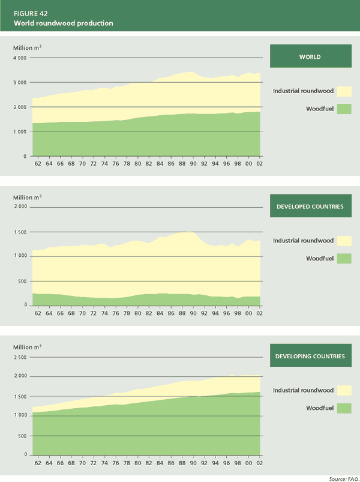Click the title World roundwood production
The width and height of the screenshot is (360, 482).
point(64,23)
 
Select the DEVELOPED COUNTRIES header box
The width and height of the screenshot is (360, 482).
point(310,206)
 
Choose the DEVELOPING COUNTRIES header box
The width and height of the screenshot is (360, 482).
point(310,356)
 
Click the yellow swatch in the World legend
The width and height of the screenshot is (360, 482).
point(344,91)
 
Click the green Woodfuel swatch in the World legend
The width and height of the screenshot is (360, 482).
point(344,109)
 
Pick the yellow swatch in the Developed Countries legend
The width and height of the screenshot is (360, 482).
point(344,241)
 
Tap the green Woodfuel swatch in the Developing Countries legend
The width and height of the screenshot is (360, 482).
point(344,408)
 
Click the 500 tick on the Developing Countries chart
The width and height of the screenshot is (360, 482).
point(22,435)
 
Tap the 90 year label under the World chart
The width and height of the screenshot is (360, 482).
point(191,163)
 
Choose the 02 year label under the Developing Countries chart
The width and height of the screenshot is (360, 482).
point(259,462)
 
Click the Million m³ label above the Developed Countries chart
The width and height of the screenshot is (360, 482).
point(28,196)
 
